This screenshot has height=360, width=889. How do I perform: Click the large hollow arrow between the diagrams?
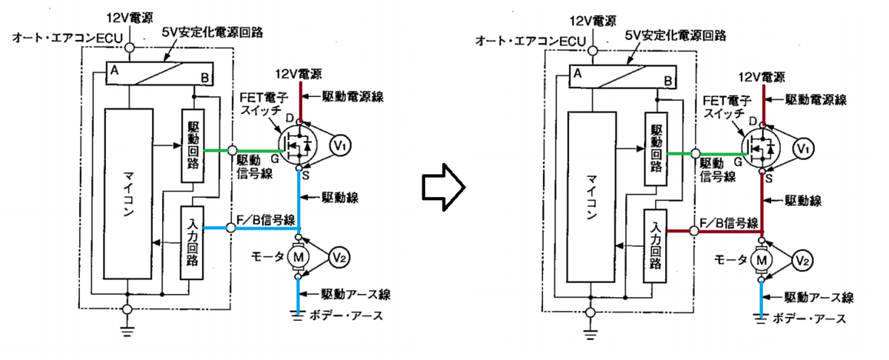(x=443, y=187)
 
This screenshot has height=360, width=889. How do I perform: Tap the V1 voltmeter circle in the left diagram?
(x=340, y=146)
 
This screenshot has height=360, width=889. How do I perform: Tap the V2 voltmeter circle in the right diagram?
(x=802, y=261)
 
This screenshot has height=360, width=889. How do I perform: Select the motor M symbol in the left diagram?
(x=298, y=257)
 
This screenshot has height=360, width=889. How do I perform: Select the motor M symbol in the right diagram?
(x=762, y=261)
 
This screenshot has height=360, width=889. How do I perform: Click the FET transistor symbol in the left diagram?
(x=298, y=145)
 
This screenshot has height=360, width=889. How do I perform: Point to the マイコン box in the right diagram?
(x=592, y=197)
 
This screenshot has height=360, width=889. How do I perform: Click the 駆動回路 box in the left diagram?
(x=193, y=146)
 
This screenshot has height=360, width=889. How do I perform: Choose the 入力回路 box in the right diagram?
(x=655, y=246)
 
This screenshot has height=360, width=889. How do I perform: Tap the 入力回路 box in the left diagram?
(x=192, y=243)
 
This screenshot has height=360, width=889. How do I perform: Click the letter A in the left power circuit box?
(x=114, y=70)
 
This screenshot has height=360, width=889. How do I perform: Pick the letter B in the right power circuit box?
(x=668, y=81)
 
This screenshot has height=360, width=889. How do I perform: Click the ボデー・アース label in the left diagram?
(x=346, y=316)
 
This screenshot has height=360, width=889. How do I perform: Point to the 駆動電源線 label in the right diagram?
(x=816, y=99)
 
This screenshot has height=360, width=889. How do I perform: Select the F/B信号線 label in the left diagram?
(x=265, y=220)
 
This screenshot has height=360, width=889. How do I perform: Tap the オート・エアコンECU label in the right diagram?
(x=530, y=41)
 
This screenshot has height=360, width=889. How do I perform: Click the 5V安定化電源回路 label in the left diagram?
(x=213, y=32)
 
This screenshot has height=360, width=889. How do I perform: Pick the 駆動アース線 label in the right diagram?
(x=819, y=298)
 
